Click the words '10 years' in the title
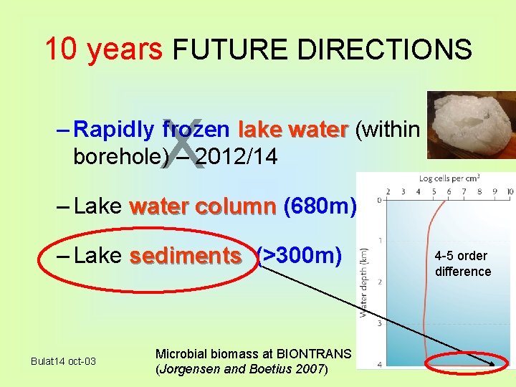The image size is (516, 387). pyautogui.click(x=103, y=49)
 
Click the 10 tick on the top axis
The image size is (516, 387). pyautogui.click(x=509, y=192)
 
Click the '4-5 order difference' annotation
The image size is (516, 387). pyautogui.click(x=462, y=264)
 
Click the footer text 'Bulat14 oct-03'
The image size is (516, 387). pyautogui.click(x=63, y=360)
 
